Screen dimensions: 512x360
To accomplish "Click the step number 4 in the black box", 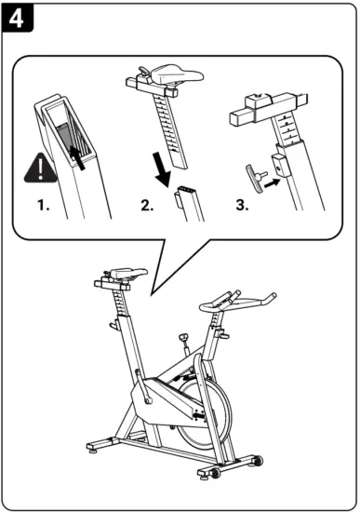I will [17, 18].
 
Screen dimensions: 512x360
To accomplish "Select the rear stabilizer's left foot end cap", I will [91, 447].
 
